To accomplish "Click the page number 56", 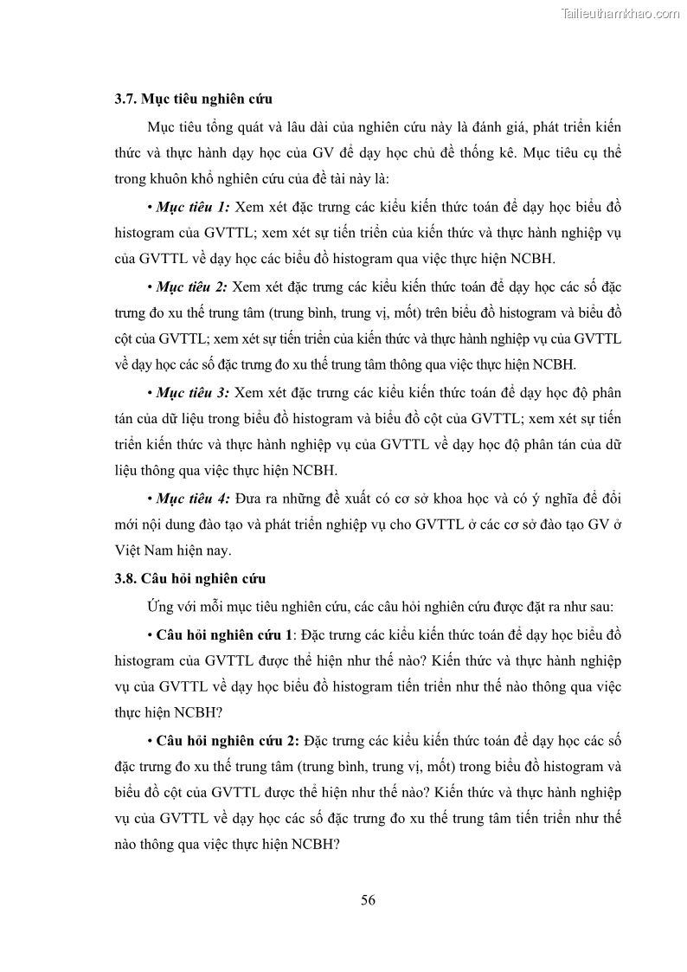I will click(368, 899).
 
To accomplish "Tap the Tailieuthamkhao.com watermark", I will click(620, 13).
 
